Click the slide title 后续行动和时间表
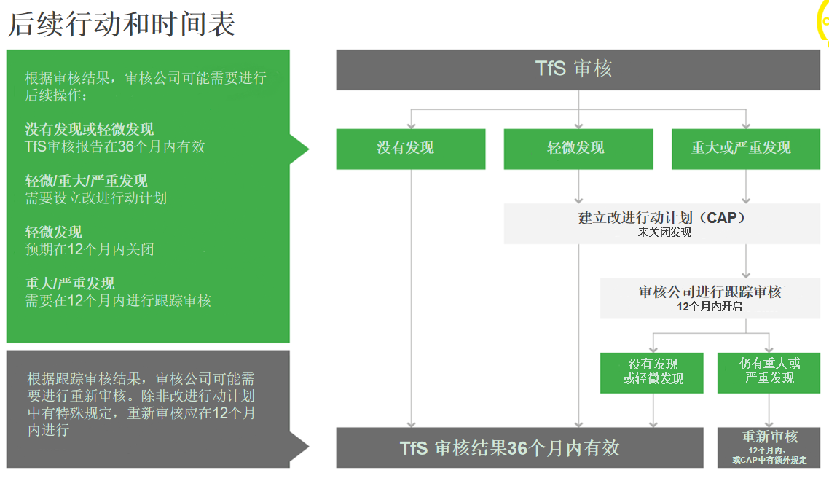click(122, 24)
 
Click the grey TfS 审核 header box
click(578, 69)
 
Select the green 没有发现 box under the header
click(410, 149)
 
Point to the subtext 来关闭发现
click(664, 232)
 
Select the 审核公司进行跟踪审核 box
click(710, 292)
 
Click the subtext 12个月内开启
click(710, 307)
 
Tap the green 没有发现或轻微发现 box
click(653, 372)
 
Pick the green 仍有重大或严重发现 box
click(769, 372)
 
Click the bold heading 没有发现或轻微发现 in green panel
click(90, 130)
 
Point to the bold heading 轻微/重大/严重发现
click(87, 181)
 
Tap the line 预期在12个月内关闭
click(90, 249)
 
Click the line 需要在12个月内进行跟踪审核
click(118, 300)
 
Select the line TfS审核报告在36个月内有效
click(115, 146)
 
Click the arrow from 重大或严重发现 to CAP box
click(746, 186)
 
